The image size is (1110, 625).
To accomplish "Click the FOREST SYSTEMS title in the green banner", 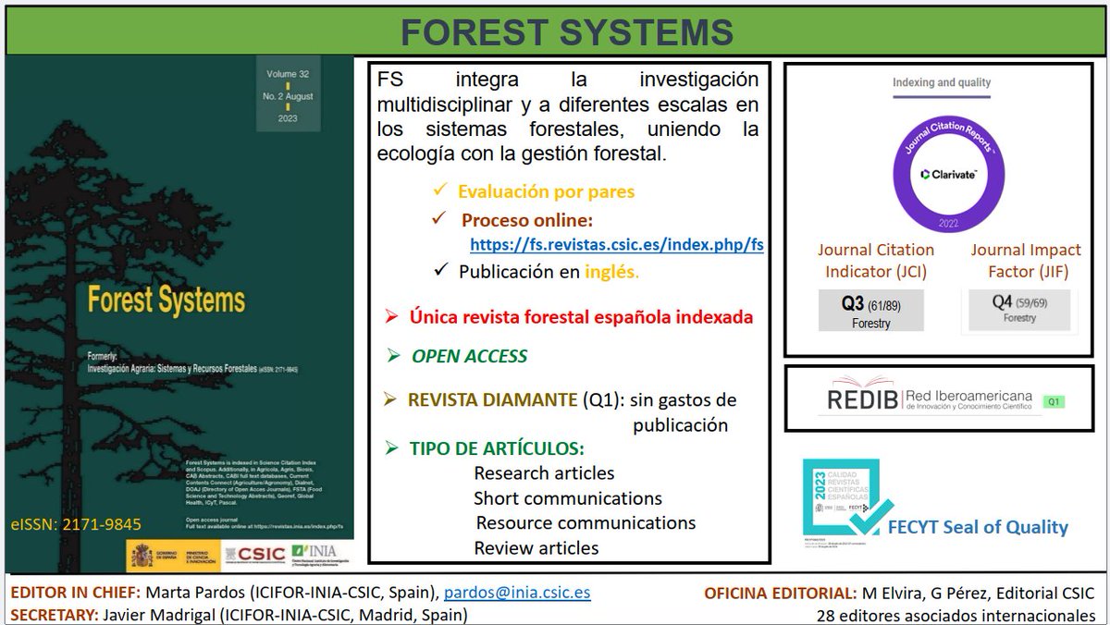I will pos(567,31).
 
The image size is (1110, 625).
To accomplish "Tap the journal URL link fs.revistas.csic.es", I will pos(616,245).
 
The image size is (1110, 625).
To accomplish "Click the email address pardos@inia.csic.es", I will pos(517,593).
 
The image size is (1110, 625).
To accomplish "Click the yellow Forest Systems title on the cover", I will pos(166,300).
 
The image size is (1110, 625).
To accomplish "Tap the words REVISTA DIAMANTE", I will pos(491,400).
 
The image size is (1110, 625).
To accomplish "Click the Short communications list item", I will pos(568,498).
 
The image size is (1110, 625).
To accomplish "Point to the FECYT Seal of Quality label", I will pos(977,528).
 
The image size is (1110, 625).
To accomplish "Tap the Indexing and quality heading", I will pos(941,82).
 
